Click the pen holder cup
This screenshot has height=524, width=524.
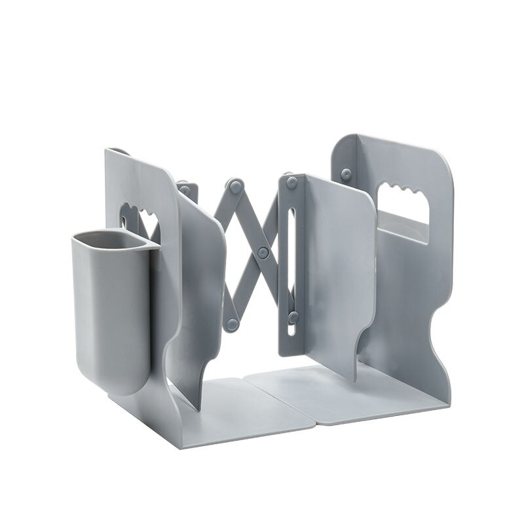tap(110, 308)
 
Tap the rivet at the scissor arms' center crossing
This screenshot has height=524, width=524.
tap(263, 252)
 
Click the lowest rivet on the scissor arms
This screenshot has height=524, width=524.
tap(231, 324)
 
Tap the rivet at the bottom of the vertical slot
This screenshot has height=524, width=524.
tap(293, 317)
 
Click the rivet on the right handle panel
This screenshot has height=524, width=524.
tap(346, 175)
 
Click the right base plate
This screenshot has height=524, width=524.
tap(341, 393)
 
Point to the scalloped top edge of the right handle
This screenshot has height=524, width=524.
tap(401, 191)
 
